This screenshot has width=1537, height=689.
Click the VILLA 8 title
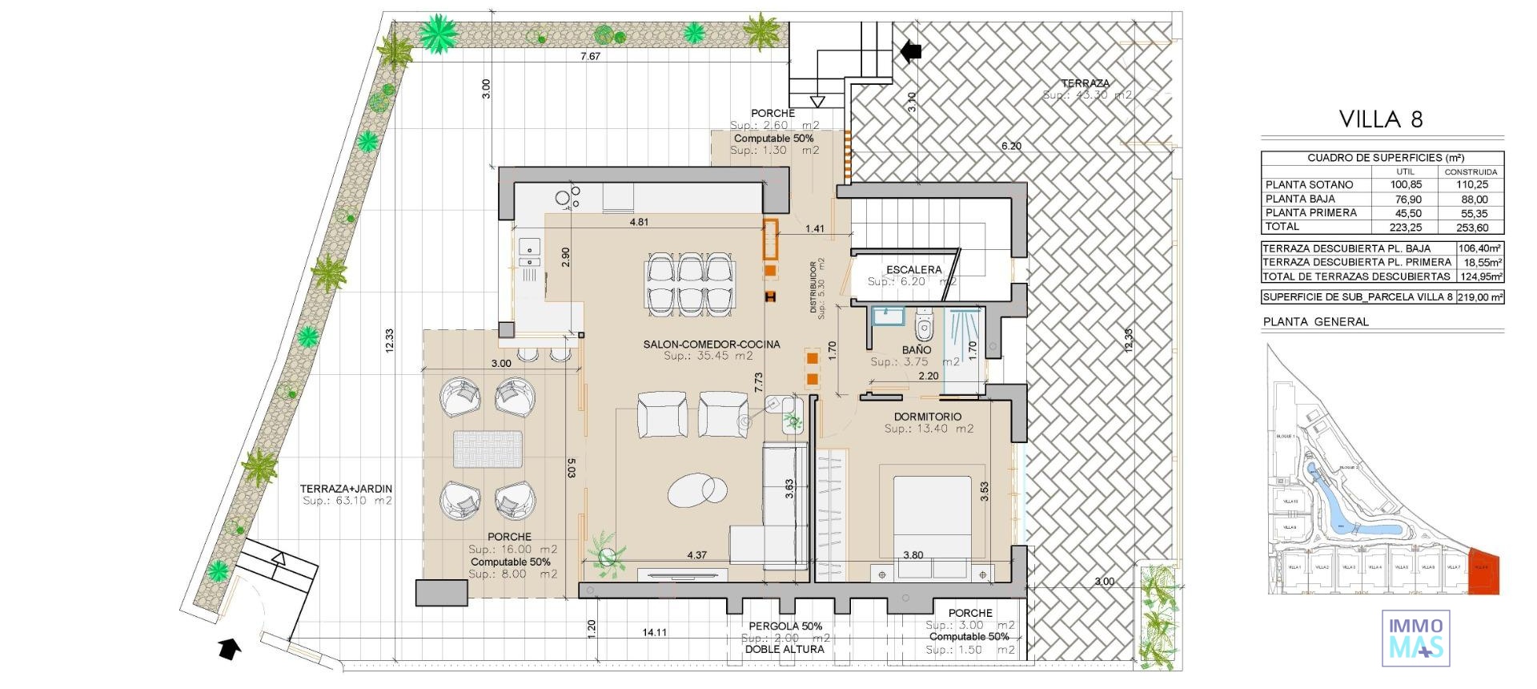(x=1381, y=119)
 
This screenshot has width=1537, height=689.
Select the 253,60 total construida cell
(x=1471, y=228)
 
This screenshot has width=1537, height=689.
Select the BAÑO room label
(x=917, y=350)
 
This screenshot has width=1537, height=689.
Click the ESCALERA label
(x=913, y=270)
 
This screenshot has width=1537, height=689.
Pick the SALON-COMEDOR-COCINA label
(x=711, y=344)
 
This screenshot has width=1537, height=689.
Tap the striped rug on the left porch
(x=488, y=449)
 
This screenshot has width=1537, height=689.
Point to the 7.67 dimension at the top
(x=590, y=56)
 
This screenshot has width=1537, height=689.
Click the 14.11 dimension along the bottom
(x=654, y=632)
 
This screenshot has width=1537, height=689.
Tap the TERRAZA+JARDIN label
(x=346, y=489)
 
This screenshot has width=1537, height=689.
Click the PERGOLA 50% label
(x=785, y=627)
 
